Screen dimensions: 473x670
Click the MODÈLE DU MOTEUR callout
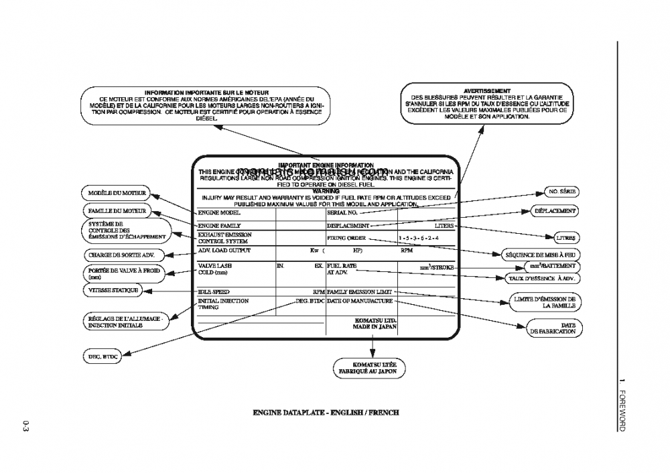(117, 193)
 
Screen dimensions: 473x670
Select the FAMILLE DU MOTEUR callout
(117, 210)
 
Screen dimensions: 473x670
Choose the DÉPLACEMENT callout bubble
(553, 210)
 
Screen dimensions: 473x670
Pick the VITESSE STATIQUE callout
(112, 290)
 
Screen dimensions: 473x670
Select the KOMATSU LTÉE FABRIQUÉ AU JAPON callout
(370, 367)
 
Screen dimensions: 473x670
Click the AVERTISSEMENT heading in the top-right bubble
(487, 91)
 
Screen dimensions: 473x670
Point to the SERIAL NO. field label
(342, 212)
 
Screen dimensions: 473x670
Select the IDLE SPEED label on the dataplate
(214, 292)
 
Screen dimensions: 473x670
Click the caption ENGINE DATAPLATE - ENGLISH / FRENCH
(325, 413)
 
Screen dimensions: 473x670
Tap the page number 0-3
(25, 425)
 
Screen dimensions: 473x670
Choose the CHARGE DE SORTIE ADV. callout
(121, 255)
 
